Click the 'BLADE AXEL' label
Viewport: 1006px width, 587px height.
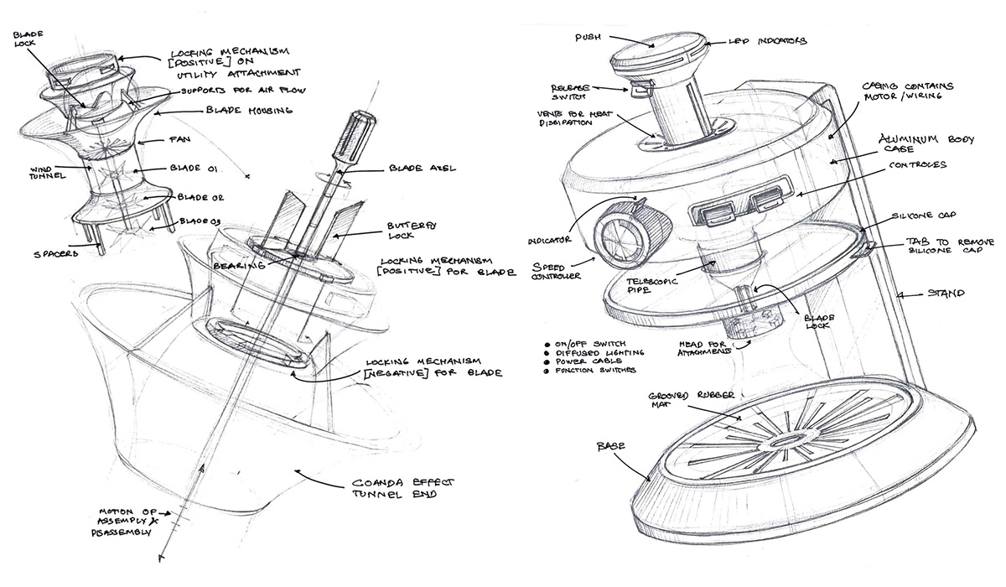tap(422, 168)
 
